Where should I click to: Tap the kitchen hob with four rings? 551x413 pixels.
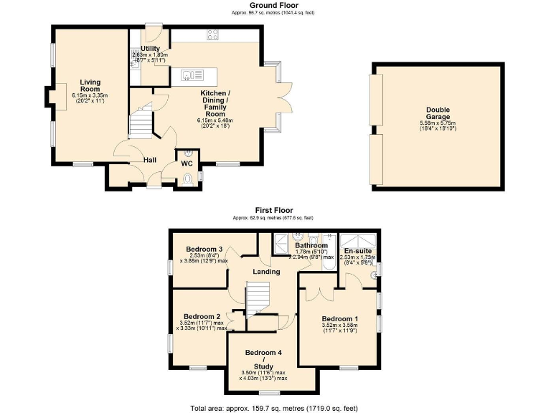(213, 34)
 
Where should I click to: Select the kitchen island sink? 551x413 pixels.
(191, 73)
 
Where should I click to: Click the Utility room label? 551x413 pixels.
(150, 49)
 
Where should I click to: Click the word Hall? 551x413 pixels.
(150, 160)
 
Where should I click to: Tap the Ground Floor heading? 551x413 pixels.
(273, 6)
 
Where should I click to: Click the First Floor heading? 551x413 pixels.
(273, 210)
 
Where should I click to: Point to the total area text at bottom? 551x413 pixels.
(273, 407)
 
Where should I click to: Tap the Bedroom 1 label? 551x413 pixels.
(339, 318)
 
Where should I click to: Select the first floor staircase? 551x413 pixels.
(256, 298)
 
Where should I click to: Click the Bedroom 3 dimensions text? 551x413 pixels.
(204, 257)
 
